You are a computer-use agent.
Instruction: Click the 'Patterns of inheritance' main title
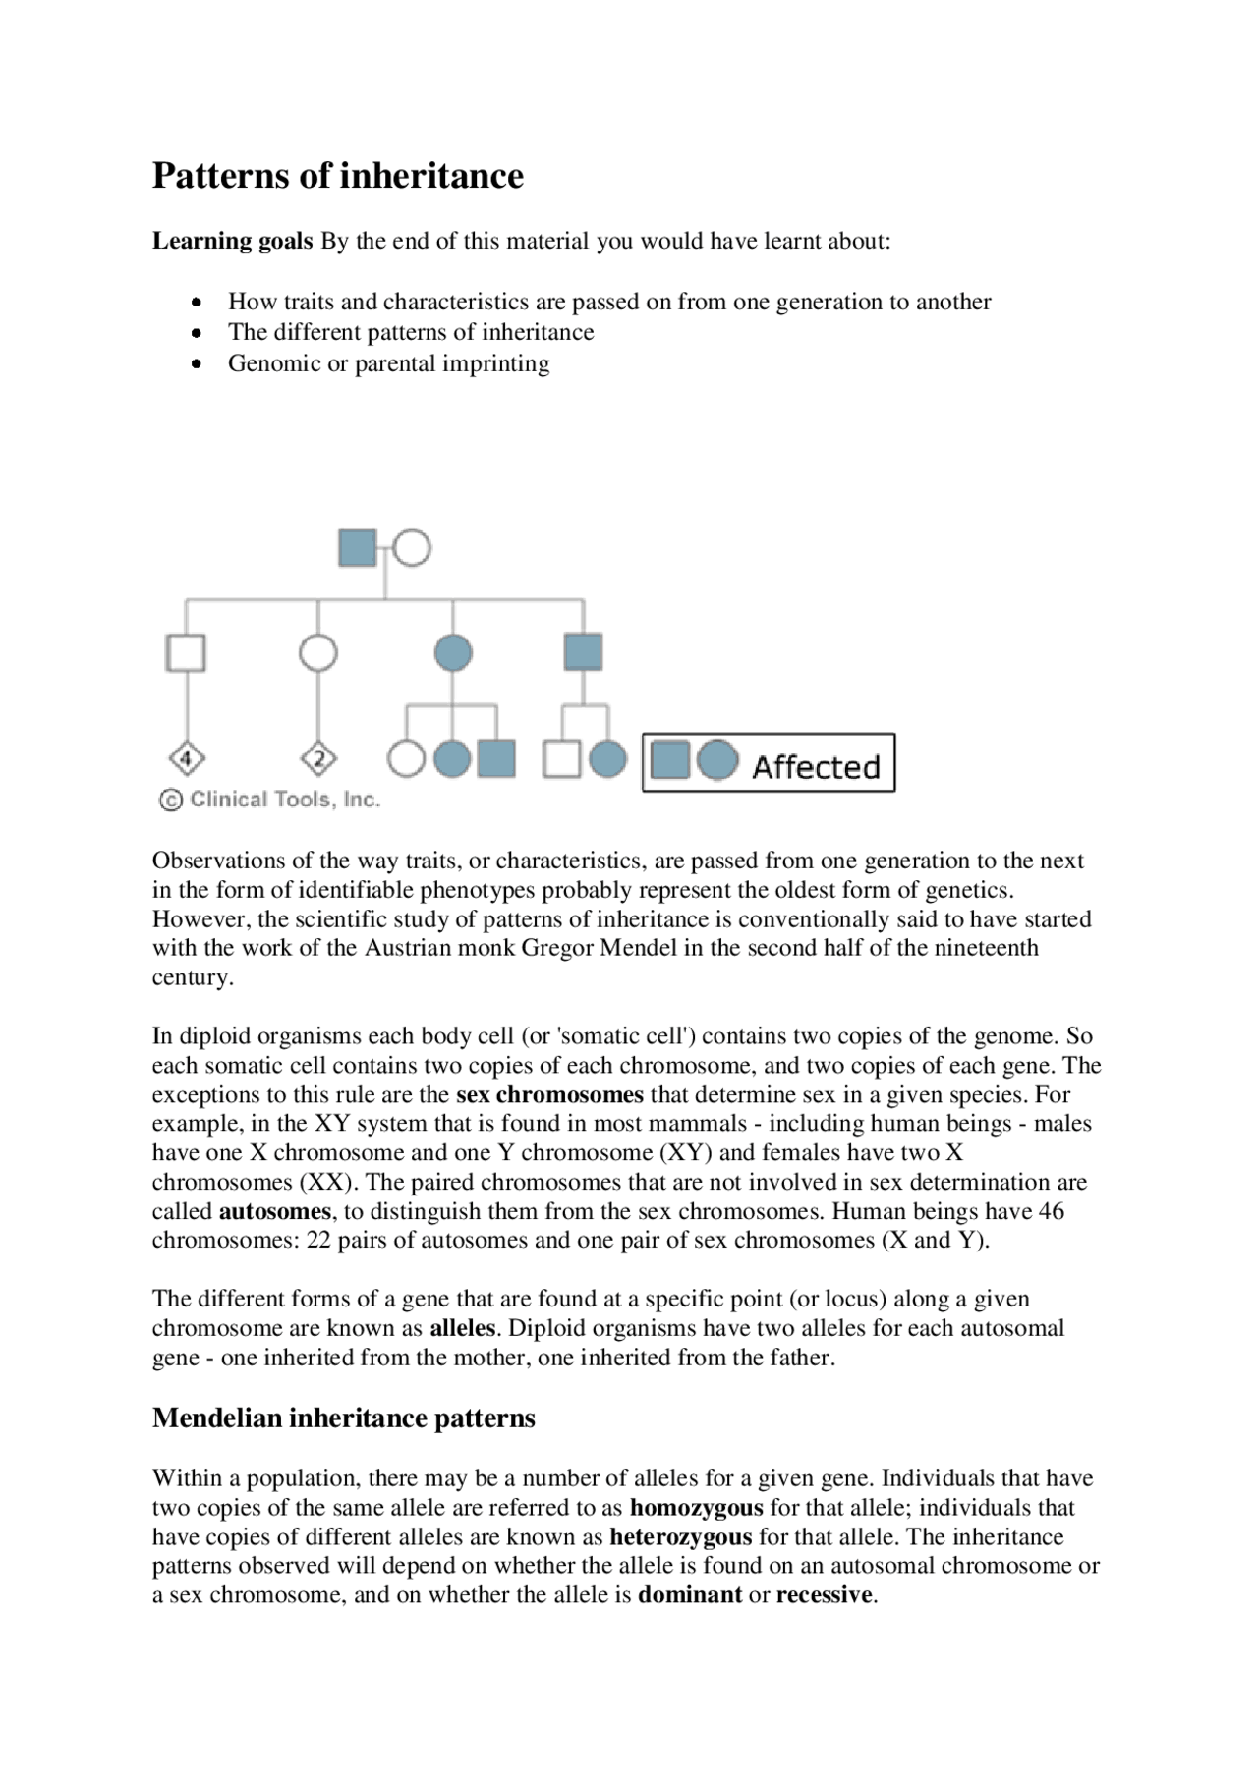[337, 176]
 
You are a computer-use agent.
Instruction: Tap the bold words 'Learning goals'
[232, 241]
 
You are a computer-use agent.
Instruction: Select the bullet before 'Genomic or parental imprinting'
[198, 363]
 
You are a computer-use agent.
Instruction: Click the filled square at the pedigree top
[357, 548]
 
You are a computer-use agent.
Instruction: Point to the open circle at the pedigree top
[413, 548]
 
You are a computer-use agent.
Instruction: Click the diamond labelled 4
[187, 758]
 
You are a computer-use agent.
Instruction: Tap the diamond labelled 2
[318, 758]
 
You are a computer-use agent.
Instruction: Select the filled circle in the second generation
[453, 652]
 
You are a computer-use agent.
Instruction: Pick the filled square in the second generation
[583, 651]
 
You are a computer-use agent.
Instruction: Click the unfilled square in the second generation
[186, 652]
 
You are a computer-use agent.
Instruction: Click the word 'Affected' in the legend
[816, 767]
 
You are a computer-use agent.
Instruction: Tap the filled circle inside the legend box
[717, 761]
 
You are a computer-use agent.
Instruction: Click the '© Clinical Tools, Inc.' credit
[269, 800]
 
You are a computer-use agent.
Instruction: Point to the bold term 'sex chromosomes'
[549, 1094]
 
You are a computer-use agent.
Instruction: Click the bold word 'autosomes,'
[276, 1211]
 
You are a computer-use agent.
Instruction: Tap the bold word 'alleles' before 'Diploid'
[463, 1328]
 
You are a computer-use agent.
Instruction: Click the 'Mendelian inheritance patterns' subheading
[343, 1418]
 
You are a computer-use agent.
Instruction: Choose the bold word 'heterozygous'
[680, 1536]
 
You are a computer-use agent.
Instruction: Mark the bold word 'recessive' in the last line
[825, 1594]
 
